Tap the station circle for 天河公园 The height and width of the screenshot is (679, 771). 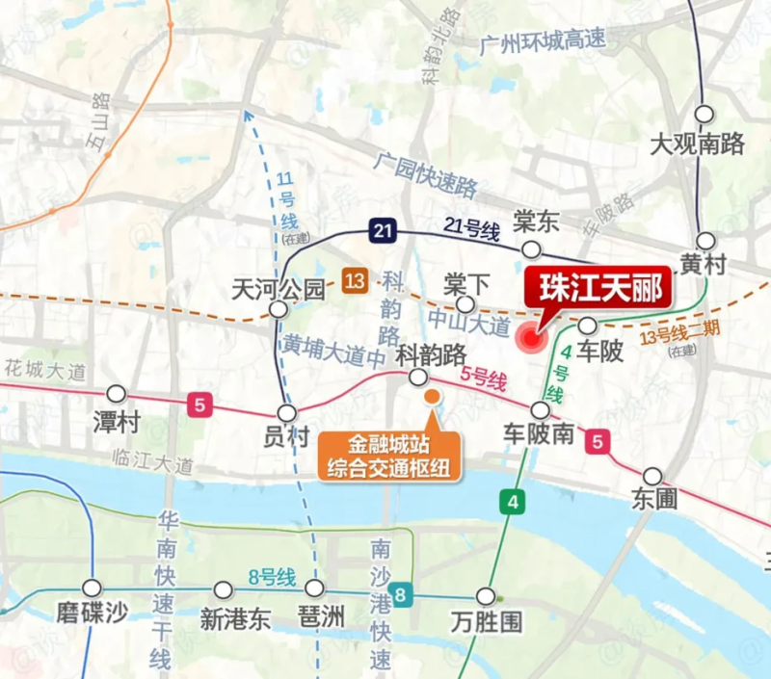pyautogui.click(x=279, y=309)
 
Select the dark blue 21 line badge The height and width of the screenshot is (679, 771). pyautogui.click(x=384, y=229)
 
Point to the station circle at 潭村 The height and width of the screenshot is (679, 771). pyautogui.click(x=117, y=393)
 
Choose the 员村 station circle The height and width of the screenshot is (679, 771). pyautogui.click(x=286, y=412)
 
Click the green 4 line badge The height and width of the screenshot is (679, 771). pyautogui.click(x=514, y=501)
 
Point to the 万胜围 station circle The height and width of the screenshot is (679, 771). pyautogui.click(x=486, y=595)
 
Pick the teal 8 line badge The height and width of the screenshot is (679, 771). pyautogui.click(x=400, y=594)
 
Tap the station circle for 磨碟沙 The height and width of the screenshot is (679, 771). pyautogui.click(x=92, y=588)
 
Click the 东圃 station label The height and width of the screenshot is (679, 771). pyautogui.click(x=655, y=499)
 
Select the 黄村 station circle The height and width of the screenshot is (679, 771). pyautogui.click(x=707, y=241)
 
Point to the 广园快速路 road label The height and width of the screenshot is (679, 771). pyautogui.click(x=428, y=170)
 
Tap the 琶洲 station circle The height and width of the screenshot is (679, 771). pyautogui.click(x=314, y=588)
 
